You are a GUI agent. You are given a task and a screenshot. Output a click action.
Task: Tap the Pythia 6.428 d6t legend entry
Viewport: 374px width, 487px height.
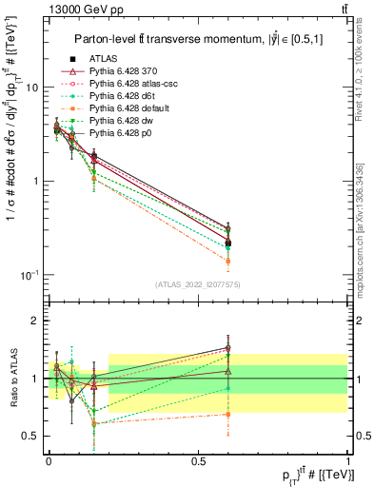click(x=122, y=96)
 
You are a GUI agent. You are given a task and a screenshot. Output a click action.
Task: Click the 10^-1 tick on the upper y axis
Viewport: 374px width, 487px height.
click(x=34, y=275)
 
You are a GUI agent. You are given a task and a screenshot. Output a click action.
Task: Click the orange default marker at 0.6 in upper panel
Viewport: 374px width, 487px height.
click(x=228, y=260)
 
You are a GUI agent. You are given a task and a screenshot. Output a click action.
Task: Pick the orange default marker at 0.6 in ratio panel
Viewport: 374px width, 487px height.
click(x=228, y=414)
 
